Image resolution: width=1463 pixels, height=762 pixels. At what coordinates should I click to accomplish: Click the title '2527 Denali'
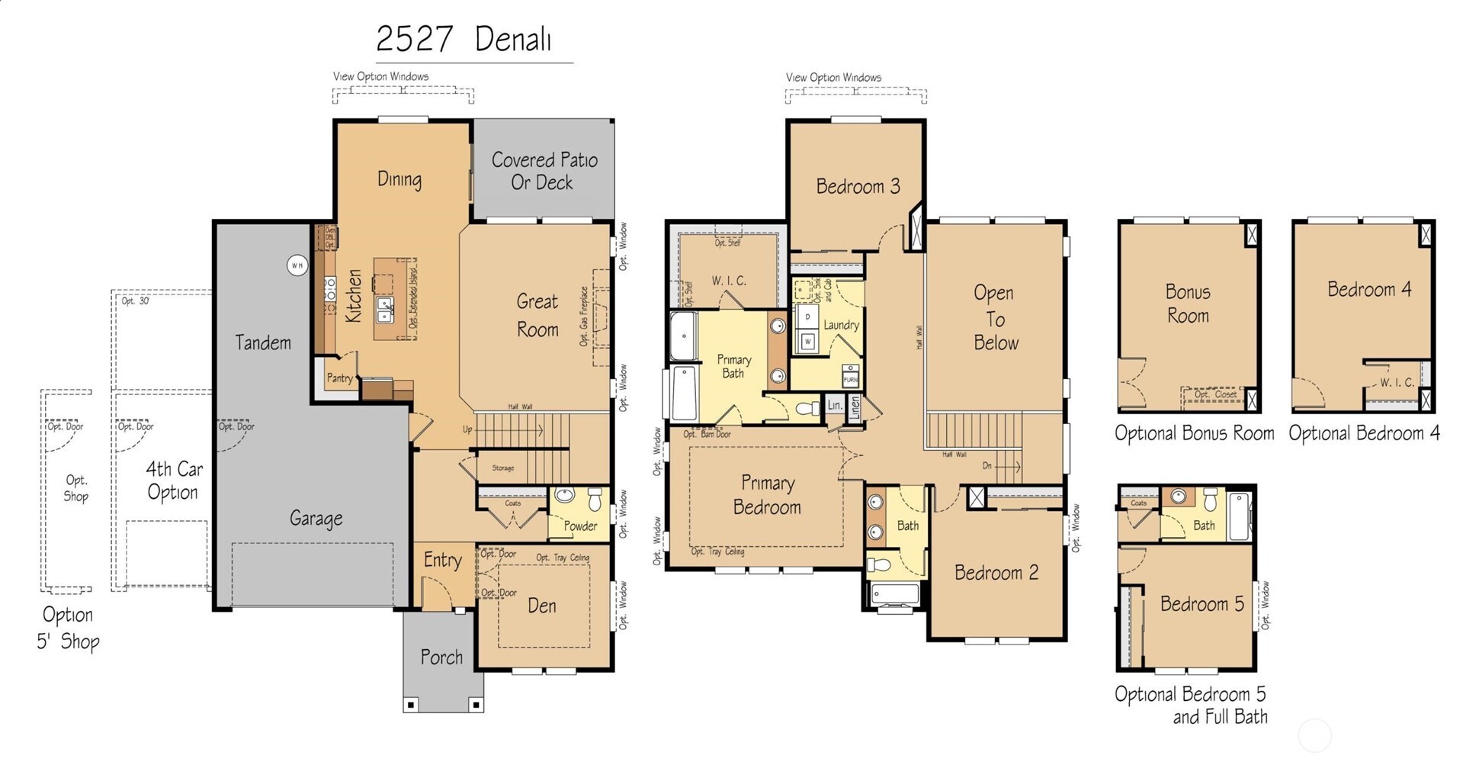tap(464, 39)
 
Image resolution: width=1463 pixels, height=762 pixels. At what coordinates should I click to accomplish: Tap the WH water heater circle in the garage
tap(297, 265)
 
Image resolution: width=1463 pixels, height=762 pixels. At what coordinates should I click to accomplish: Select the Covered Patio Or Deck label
tap(544, 171)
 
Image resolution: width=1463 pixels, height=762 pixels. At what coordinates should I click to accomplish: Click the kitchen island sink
tap(386, 310)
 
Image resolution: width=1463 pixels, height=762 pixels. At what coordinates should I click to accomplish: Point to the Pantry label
tap(340, 378)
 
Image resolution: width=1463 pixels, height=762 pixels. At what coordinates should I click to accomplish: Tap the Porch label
tap(441, 657)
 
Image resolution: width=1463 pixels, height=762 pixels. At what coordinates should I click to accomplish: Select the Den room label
tap(541, 606)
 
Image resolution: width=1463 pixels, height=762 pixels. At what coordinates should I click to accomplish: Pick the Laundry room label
tap(841, 325)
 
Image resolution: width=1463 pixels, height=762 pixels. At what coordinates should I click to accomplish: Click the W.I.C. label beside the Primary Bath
tap(729, 281)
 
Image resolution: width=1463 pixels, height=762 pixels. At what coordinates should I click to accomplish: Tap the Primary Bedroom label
tap(767, 495)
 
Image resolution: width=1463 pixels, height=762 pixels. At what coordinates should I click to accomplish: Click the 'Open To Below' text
tap(995, 318)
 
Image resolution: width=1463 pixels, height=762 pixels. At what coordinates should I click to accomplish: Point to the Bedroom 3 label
tap(858, 186)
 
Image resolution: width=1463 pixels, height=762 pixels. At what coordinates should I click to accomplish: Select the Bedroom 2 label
tap(996, 573)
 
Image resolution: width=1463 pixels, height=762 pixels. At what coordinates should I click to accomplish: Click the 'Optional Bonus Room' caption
tap(1194, 433)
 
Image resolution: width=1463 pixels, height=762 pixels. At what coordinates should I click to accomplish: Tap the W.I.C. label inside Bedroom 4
tap(1397, 383)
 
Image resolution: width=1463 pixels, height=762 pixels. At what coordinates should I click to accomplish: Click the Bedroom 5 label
tap(1202, 604)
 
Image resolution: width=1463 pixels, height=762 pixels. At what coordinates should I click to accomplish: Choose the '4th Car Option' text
tap(174, 481)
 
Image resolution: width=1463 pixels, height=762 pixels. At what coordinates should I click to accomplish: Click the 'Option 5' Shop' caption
tap(68, 628)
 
